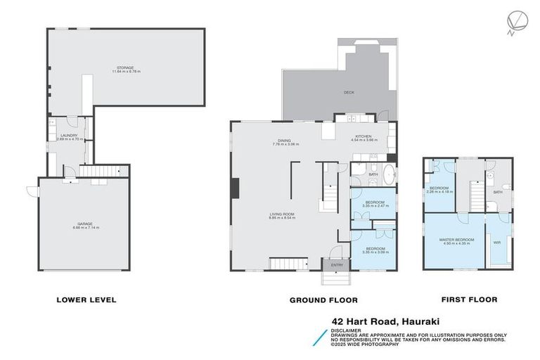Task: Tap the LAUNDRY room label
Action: (68, 137)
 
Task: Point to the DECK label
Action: (349, 93)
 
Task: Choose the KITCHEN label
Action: (364, 137)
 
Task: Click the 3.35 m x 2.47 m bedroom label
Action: (374, 204)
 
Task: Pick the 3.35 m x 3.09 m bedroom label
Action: (373, 250)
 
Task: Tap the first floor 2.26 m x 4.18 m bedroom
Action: (440, 189)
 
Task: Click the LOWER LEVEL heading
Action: (86, 300)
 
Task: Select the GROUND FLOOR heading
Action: (323, 300)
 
